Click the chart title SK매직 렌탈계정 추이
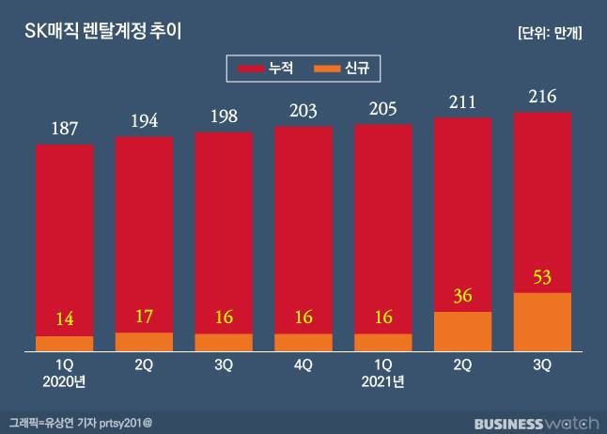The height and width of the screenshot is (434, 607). (x=102, y=31)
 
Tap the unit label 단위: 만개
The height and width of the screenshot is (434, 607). (x=550, y=32)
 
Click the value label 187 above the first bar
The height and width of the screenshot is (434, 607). (x=64, y=128)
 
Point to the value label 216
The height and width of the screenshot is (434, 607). (x=543, y=96)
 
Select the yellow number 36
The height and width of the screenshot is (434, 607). (x=463, y=295)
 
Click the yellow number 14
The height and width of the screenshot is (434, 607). (x=64, y=318)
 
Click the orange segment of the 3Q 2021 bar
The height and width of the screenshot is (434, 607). (x=543, y=322)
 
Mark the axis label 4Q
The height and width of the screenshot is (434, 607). (x=303, y=364)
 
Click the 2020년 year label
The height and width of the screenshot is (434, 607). (x=64, y=381)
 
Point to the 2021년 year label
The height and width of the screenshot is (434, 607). (x=383, y=381)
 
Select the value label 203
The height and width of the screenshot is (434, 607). (x=303, y=111)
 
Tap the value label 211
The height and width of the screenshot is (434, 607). (x=463, y=101)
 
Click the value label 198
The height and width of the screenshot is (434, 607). (x=224, y=116)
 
